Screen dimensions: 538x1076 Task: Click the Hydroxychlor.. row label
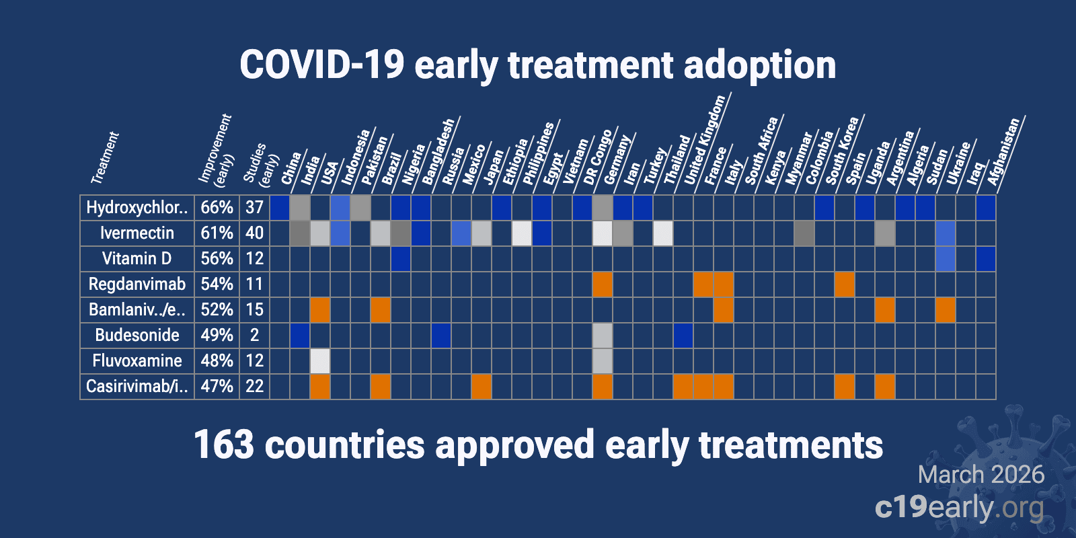[137, 207]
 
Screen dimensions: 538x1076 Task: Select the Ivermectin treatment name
[137, 233]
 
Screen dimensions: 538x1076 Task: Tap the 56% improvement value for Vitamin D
[217, 258]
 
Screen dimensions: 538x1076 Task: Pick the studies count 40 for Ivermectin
[254, 233]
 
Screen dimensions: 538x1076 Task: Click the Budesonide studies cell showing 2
[254, 335]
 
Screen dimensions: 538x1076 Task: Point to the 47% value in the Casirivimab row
[217, 386]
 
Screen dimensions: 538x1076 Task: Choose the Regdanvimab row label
[137, 284]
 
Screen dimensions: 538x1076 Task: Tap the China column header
[291, 168]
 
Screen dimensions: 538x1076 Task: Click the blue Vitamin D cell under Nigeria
[401, 259]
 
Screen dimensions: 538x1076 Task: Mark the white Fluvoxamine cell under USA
[320, 361]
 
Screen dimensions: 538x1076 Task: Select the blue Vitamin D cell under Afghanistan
[986, 259]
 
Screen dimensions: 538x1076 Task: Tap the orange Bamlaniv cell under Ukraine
[946, 310]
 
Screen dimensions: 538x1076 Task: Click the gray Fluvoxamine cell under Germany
[603, 361]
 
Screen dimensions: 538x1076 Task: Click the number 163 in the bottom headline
[223, 445]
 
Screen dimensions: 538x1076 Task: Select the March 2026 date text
[981, 475]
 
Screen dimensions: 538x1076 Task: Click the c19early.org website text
[959, 507]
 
